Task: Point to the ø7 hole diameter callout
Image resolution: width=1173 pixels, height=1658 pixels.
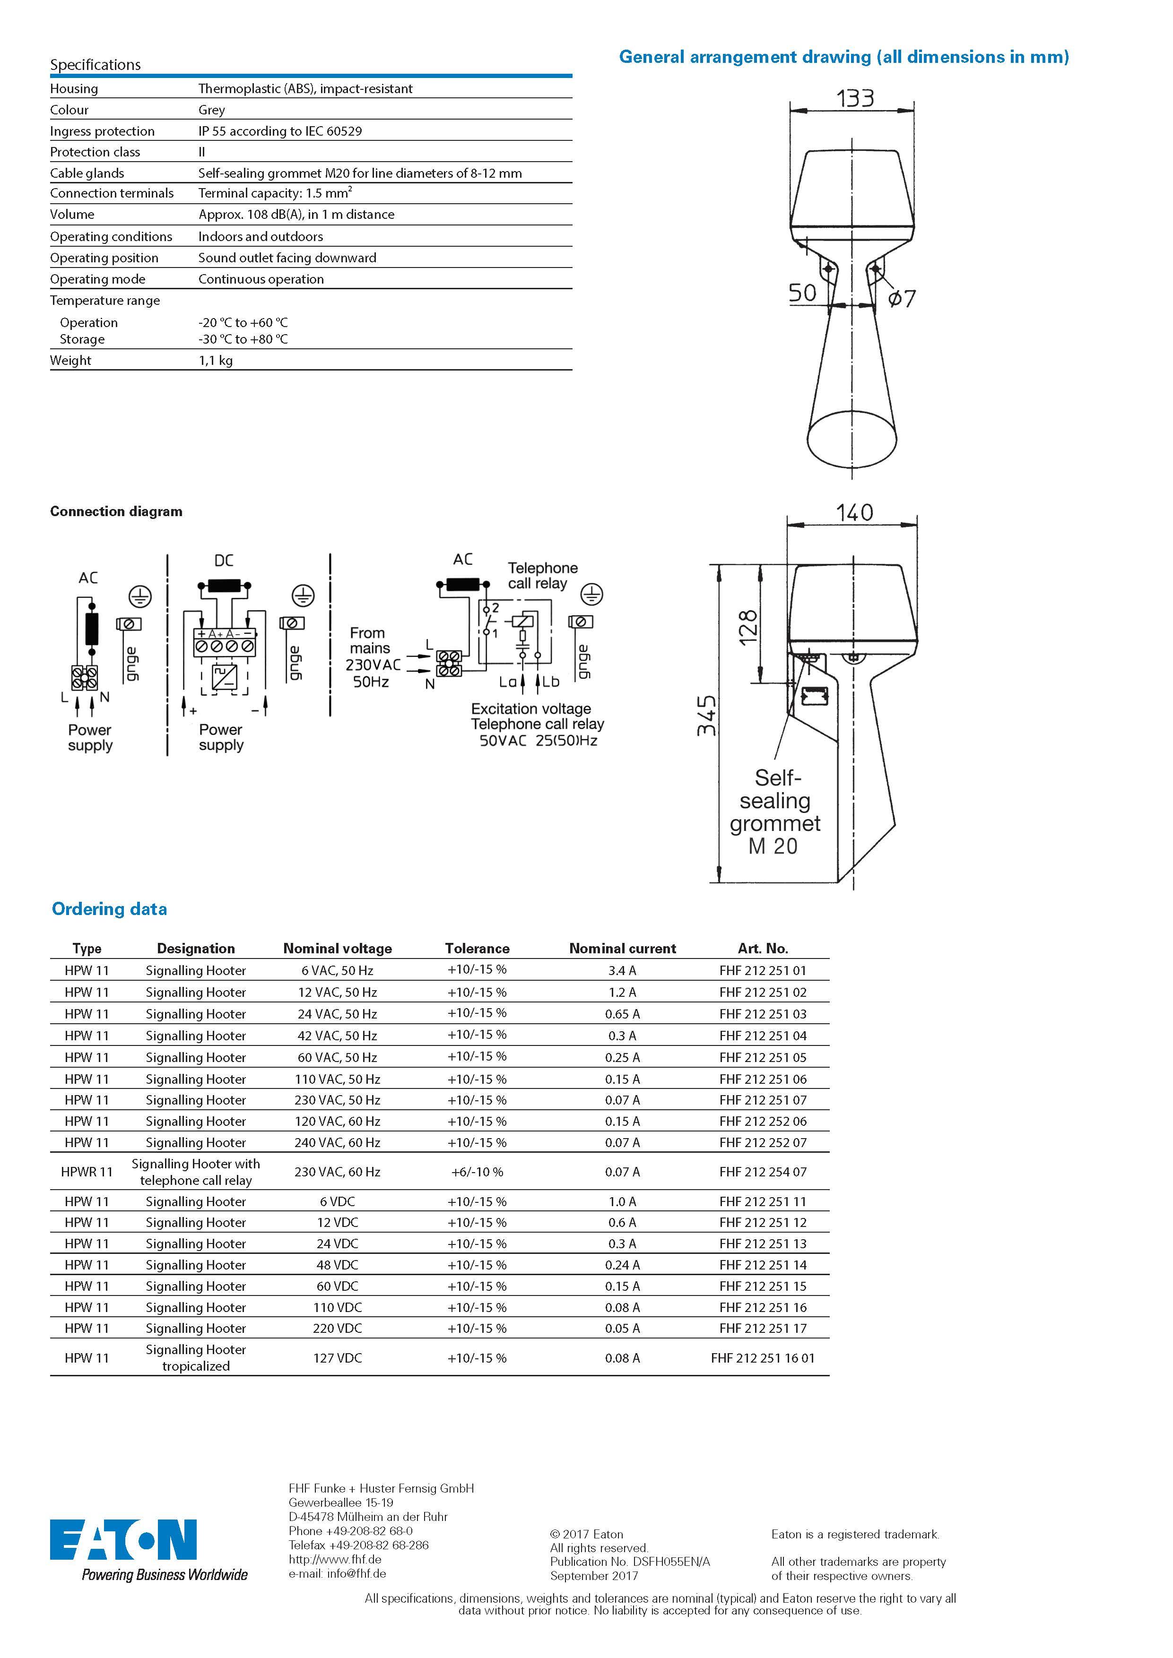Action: click(902, 298)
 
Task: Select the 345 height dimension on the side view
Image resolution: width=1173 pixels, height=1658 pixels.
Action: click(706, 716)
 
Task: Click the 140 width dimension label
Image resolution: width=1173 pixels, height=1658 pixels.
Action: click(854, 513)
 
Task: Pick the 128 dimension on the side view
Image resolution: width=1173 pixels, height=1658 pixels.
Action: click(748, 626)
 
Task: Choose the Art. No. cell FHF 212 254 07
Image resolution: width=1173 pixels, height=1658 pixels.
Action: click(763, 1172)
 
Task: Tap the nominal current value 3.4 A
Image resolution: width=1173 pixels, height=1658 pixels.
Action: click(622, 970)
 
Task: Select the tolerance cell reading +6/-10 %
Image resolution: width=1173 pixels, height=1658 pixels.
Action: click(477, 1172)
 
